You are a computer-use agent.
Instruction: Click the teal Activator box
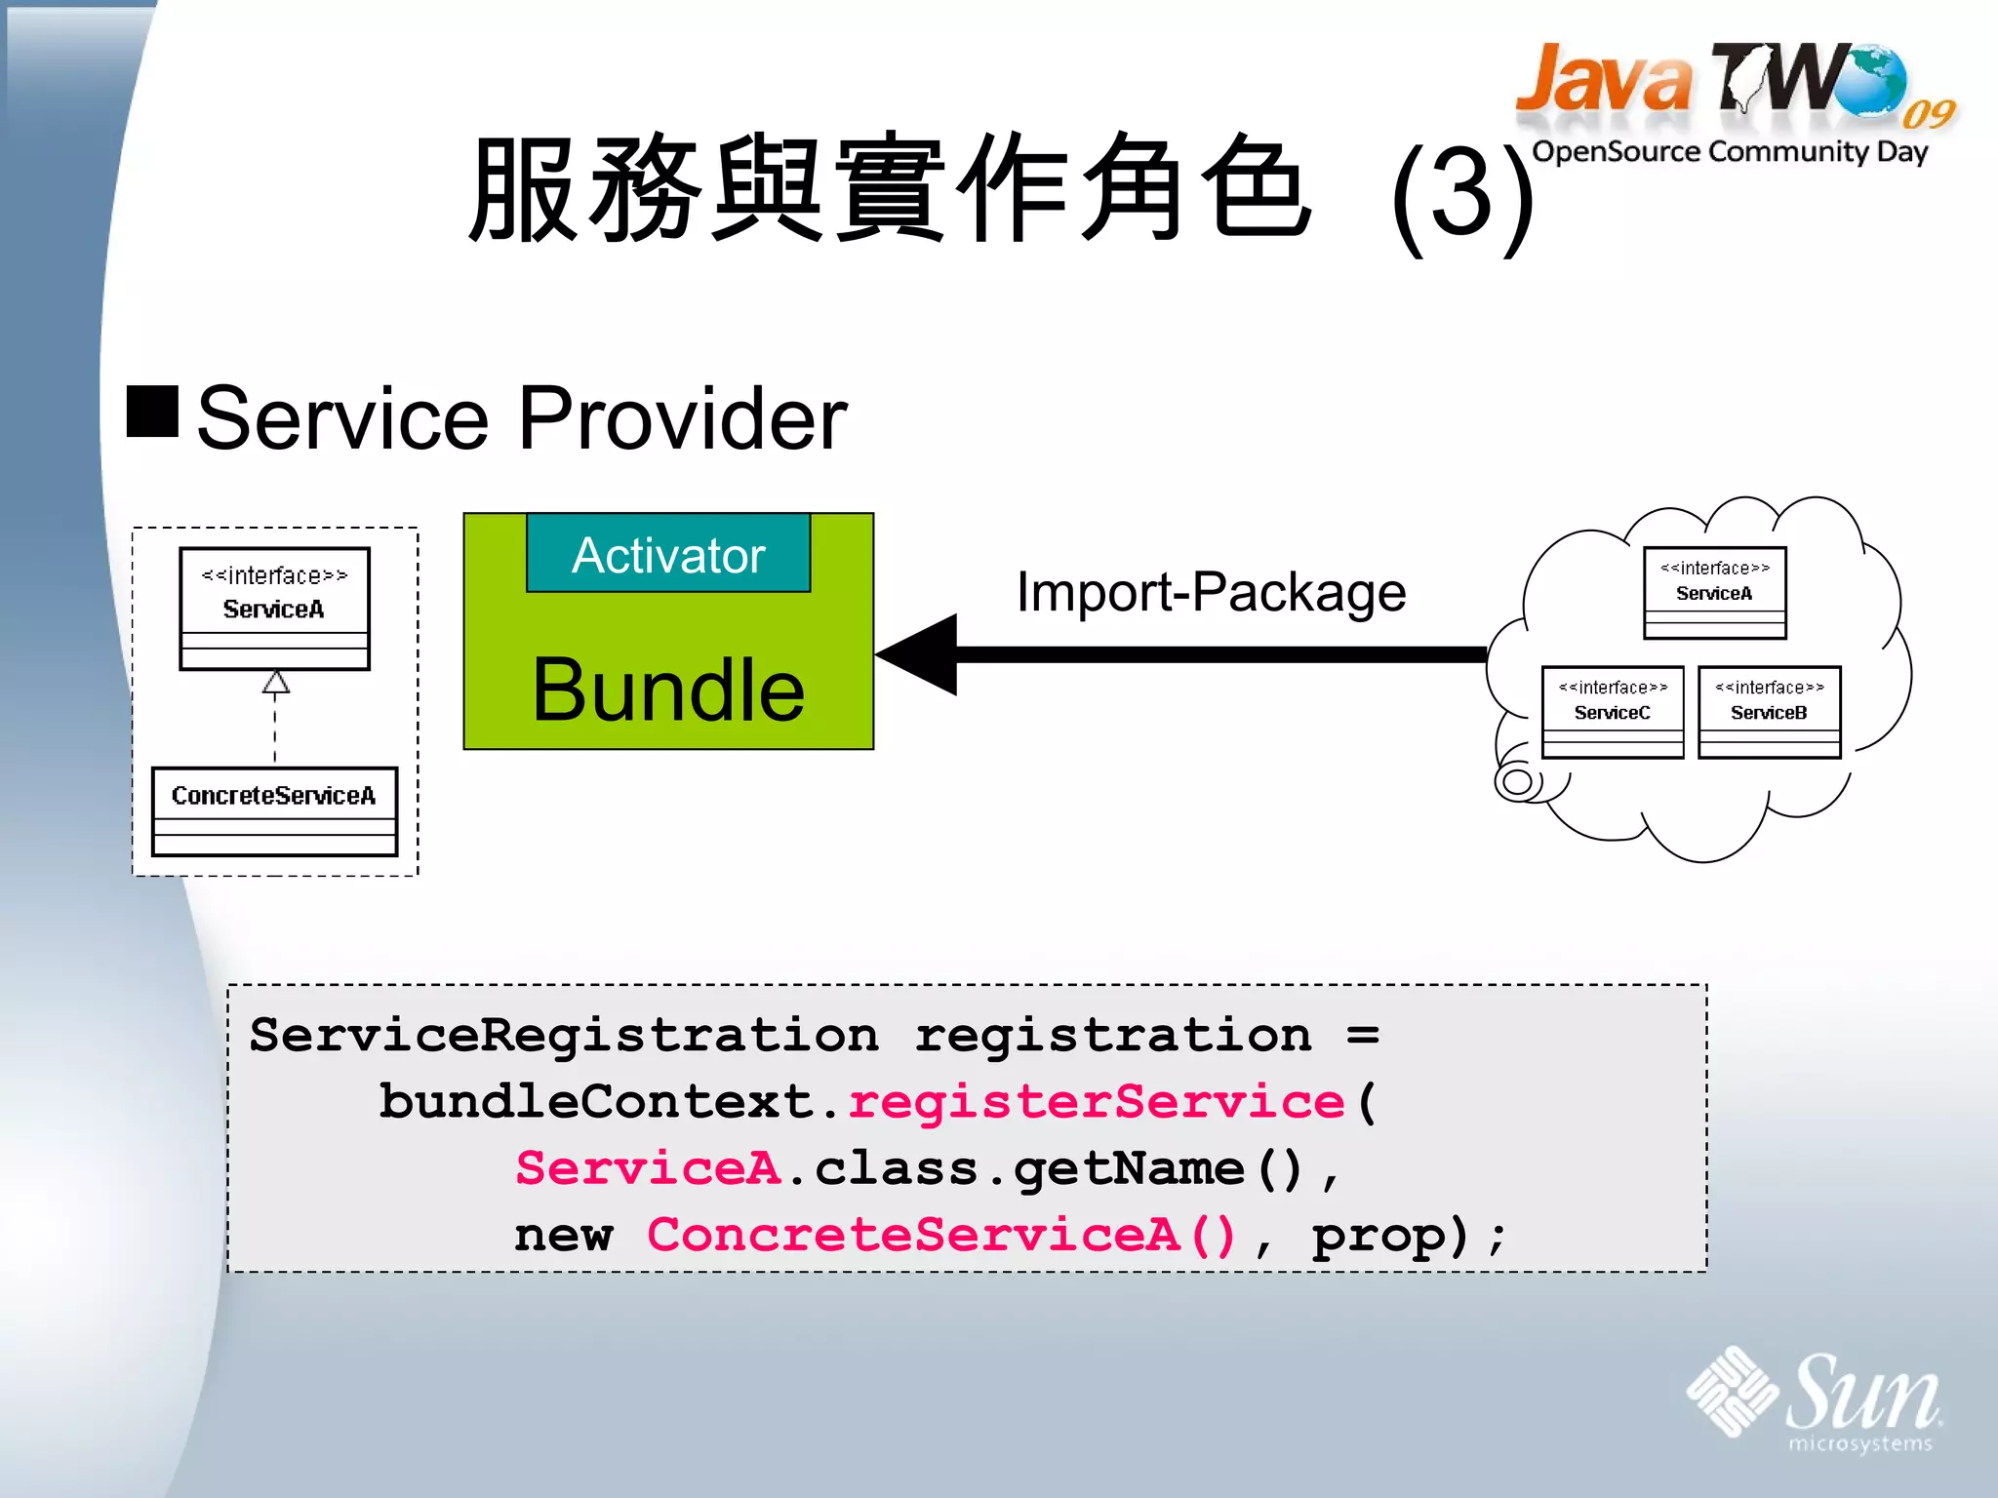(668, 554)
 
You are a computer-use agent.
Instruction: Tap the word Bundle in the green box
(668, 690)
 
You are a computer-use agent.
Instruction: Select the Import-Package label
(1211, 592)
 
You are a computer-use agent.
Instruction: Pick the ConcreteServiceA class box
(274, 811)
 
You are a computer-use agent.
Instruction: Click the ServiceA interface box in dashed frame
(274, 608)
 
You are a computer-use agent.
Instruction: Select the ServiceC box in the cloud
(1613, 712)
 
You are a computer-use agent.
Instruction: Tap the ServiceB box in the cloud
(1769, 712)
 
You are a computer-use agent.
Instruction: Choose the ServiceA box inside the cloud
(1714, 592)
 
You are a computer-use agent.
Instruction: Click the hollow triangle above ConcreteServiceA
(276, 682)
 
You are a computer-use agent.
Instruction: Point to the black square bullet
(153, 411)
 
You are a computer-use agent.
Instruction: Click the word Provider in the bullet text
(683, 418)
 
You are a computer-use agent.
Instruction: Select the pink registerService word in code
(1097, 1102)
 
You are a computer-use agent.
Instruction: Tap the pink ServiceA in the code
(648, 1168)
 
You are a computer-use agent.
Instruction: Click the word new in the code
(564, 1236)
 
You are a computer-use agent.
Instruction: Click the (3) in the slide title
(1460, 195)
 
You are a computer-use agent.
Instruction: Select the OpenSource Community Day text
(1730, 151)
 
